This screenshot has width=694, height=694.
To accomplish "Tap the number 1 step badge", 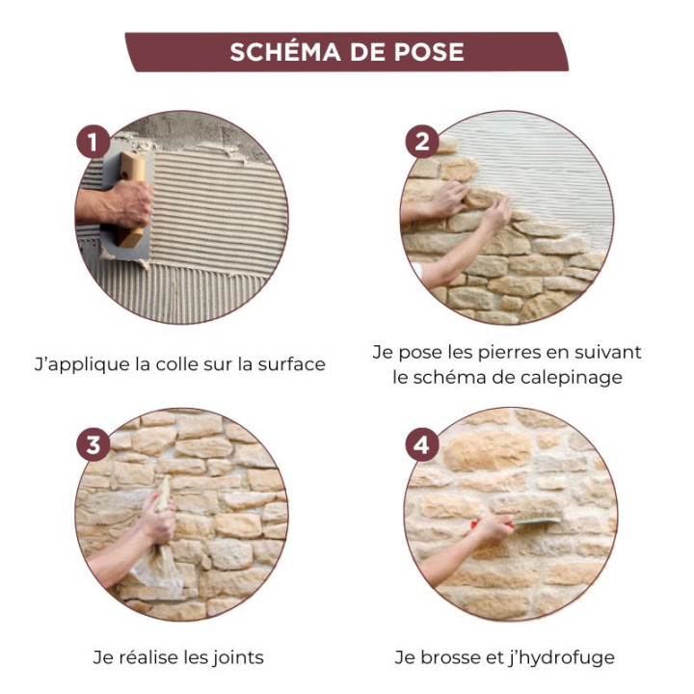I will tap(93, 143).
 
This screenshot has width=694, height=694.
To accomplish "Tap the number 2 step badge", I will tap(421, 143).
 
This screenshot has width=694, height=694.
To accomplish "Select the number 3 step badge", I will tap(93, 444).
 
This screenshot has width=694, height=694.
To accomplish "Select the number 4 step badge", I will tap(421, 444).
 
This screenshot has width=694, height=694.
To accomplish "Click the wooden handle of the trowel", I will tap(133, 198).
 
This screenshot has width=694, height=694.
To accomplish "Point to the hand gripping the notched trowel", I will tap(127, 203).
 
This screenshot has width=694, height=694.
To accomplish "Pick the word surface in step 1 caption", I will tap(291, 364).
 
